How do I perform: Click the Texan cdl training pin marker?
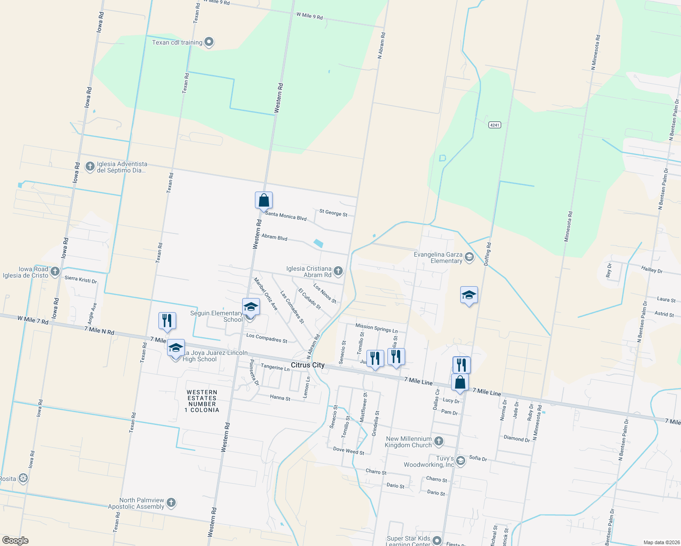coord(209,42)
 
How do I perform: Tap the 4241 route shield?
coord(495,125)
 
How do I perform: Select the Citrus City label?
coord(308,365)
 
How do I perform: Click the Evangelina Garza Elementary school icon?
coord(469,258)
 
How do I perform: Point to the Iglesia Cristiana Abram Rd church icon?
coord(338,272)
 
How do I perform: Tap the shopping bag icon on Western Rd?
coord(264,200)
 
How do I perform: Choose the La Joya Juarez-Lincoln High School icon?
coord(176,349)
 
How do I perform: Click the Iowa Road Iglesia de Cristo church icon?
coord(55,272)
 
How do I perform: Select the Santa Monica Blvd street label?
coord(286,216)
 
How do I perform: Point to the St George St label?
coord(333,212)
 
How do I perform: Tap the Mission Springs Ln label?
coord(376,328)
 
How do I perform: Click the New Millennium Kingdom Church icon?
coord(438,441)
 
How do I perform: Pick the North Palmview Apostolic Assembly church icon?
coord(171,503)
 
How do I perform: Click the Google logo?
coord(15,541)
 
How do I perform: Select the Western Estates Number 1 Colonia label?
coord(202,401)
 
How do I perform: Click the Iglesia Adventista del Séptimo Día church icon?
coord(90,167)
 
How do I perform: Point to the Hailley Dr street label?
coord(652,270)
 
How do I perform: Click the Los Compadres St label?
coord(267,338)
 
